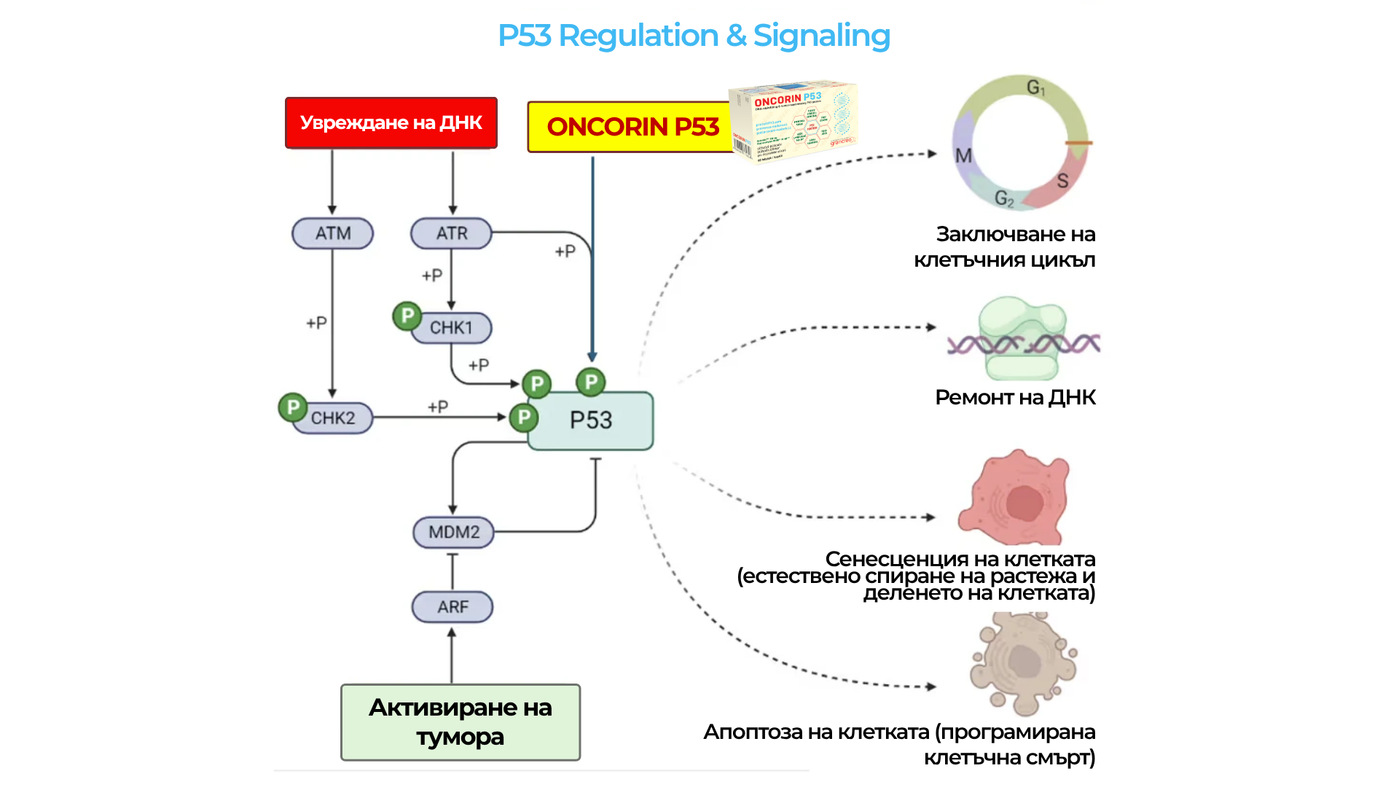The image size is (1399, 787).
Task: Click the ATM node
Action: (333, 234)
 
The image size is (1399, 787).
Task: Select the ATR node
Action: (451, 234)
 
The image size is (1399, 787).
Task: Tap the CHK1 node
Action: (452, 328)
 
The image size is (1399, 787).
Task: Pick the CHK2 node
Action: (334, 418)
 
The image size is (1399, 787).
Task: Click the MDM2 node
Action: (453, 532)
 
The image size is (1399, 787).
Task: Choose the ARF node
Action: (452, 607)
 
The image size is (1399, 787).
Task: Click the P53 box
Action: (591, 421)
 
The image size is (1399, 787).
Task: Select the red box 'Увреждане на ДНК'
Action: (391, 122)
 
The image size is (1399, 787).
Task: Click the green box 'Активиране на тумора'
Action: (461, 722)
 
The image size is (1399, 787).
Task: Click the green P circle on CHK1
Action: (407, 316)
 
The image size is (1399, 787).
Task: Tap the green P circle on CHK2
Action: (293, 407)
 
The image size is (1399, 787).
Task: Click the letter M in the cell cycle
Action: (964, 156)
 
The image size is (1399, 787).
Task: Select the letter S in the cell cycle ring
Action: (1062, 181)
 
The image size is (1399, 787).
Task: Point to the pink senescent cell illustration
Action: (1016, 498)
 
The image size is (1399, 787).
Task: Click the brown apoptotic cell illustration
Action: (1023, 663)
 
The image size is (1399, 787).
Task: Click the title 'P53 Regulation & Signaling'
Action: (694, 36)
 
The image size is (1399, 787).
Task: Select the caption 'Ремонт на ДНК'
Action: (1015, 397)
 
